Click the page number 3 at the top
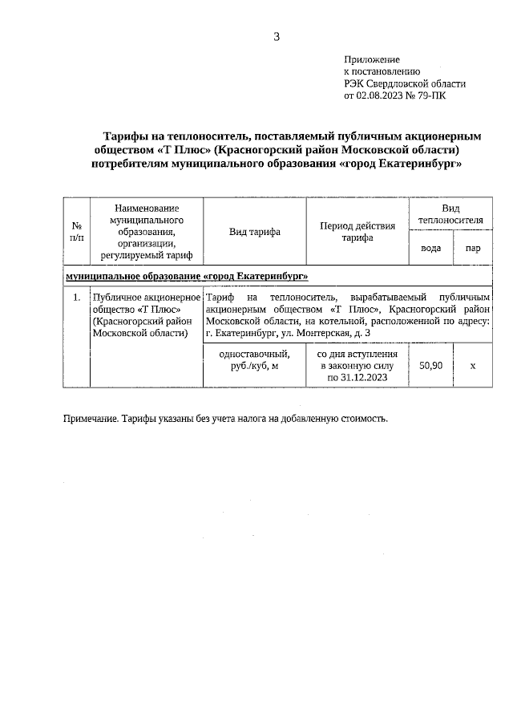pos(277,36)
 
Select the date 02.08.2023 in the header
pos(382,95)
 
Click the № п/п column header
pos(76,232)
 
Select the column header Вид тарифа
pos(254,232)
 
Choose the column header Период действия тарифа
pos(357,232)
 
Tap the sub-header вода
pos(430,248)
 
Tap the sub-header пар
pos(472,248)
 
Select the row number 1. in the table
pos(76,298)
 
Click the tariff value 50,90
pos(430,365)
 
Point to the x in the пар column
pos(472,365)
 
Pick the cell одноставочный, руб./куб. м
pos(254,359)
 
